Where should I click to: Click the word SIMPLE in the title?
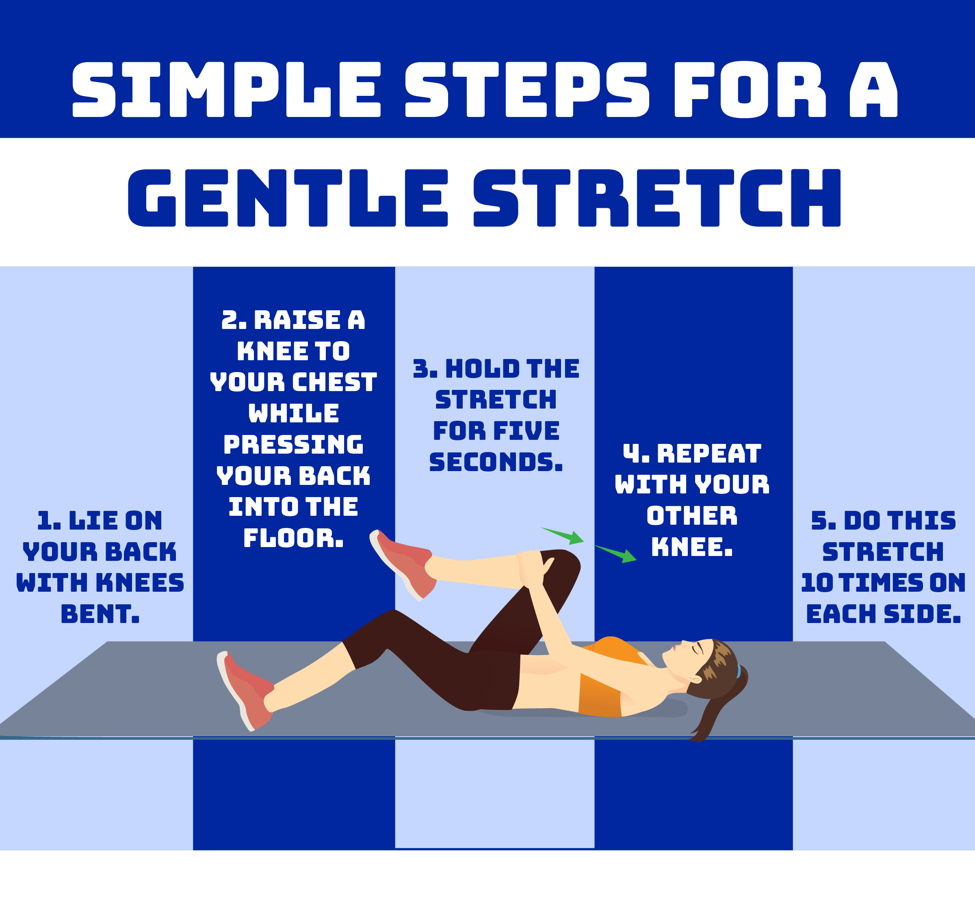pos(226,90)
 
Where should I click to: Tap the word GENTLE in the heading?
pos(287,198)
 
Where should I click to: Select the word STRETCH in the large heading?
pos(656,198)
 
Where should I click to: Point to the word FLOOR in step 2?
pos(293,539)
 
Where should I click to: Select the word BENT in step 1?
pos(100,614)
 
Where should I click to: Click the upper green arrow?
pos(564,535)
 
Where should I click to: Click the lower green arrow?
pos(617,553)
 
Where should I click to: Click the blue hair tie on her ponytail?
pos(739,671)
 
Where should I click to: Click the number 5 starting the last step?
pos(819,521)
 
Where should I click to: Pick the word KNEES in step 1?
pos(140,583)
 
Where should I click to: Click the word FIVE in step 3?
pos(526,431)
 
